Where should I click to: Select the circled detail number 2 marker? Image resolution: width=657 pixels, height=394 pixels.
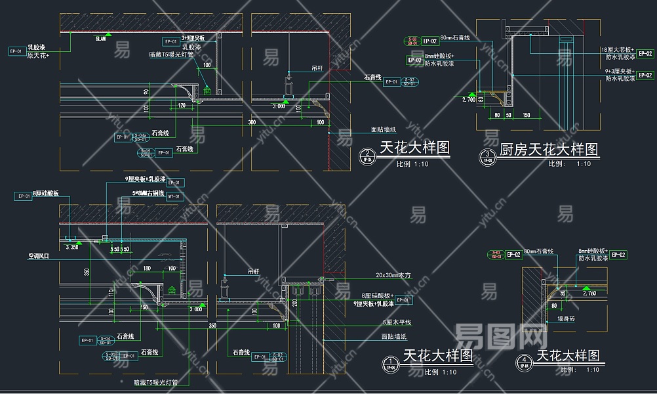[x=368, y=156]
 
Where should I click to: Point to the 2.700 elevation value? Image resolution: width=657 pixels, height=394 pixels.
[x=468, y=99]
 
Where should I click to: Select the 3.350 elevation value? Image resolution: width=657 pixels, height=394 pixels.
[x=71, y=248]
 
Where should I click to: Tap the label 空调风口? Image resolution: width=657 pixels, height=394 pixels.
[x=39, y=257]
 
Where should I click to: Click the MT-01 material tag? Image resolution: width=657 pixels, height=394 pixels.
[x=174, y=196]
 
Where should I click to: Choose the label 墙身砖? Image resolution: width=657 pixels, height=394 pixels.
[x=566, y=318]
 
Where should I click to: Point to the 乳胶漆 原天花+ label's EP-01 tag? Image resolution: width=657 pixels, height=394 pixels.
[x=16, y=51]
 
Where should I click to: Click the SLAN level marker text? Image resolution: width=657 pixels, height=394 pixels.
[x=100, y=39]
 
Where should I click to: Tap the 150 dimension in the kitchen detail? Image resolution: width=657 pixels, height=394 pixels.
[x=526, y=116]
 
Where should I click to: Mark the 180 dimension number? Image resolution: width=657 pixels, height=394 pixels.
[x=147, y=268]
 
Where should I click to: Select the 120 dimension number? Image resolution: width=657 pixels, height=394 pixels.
[x=181, y=105]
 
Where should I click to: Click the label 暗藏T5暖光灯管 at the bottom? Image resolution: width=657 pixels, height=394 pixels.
[x=156, y=382]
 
